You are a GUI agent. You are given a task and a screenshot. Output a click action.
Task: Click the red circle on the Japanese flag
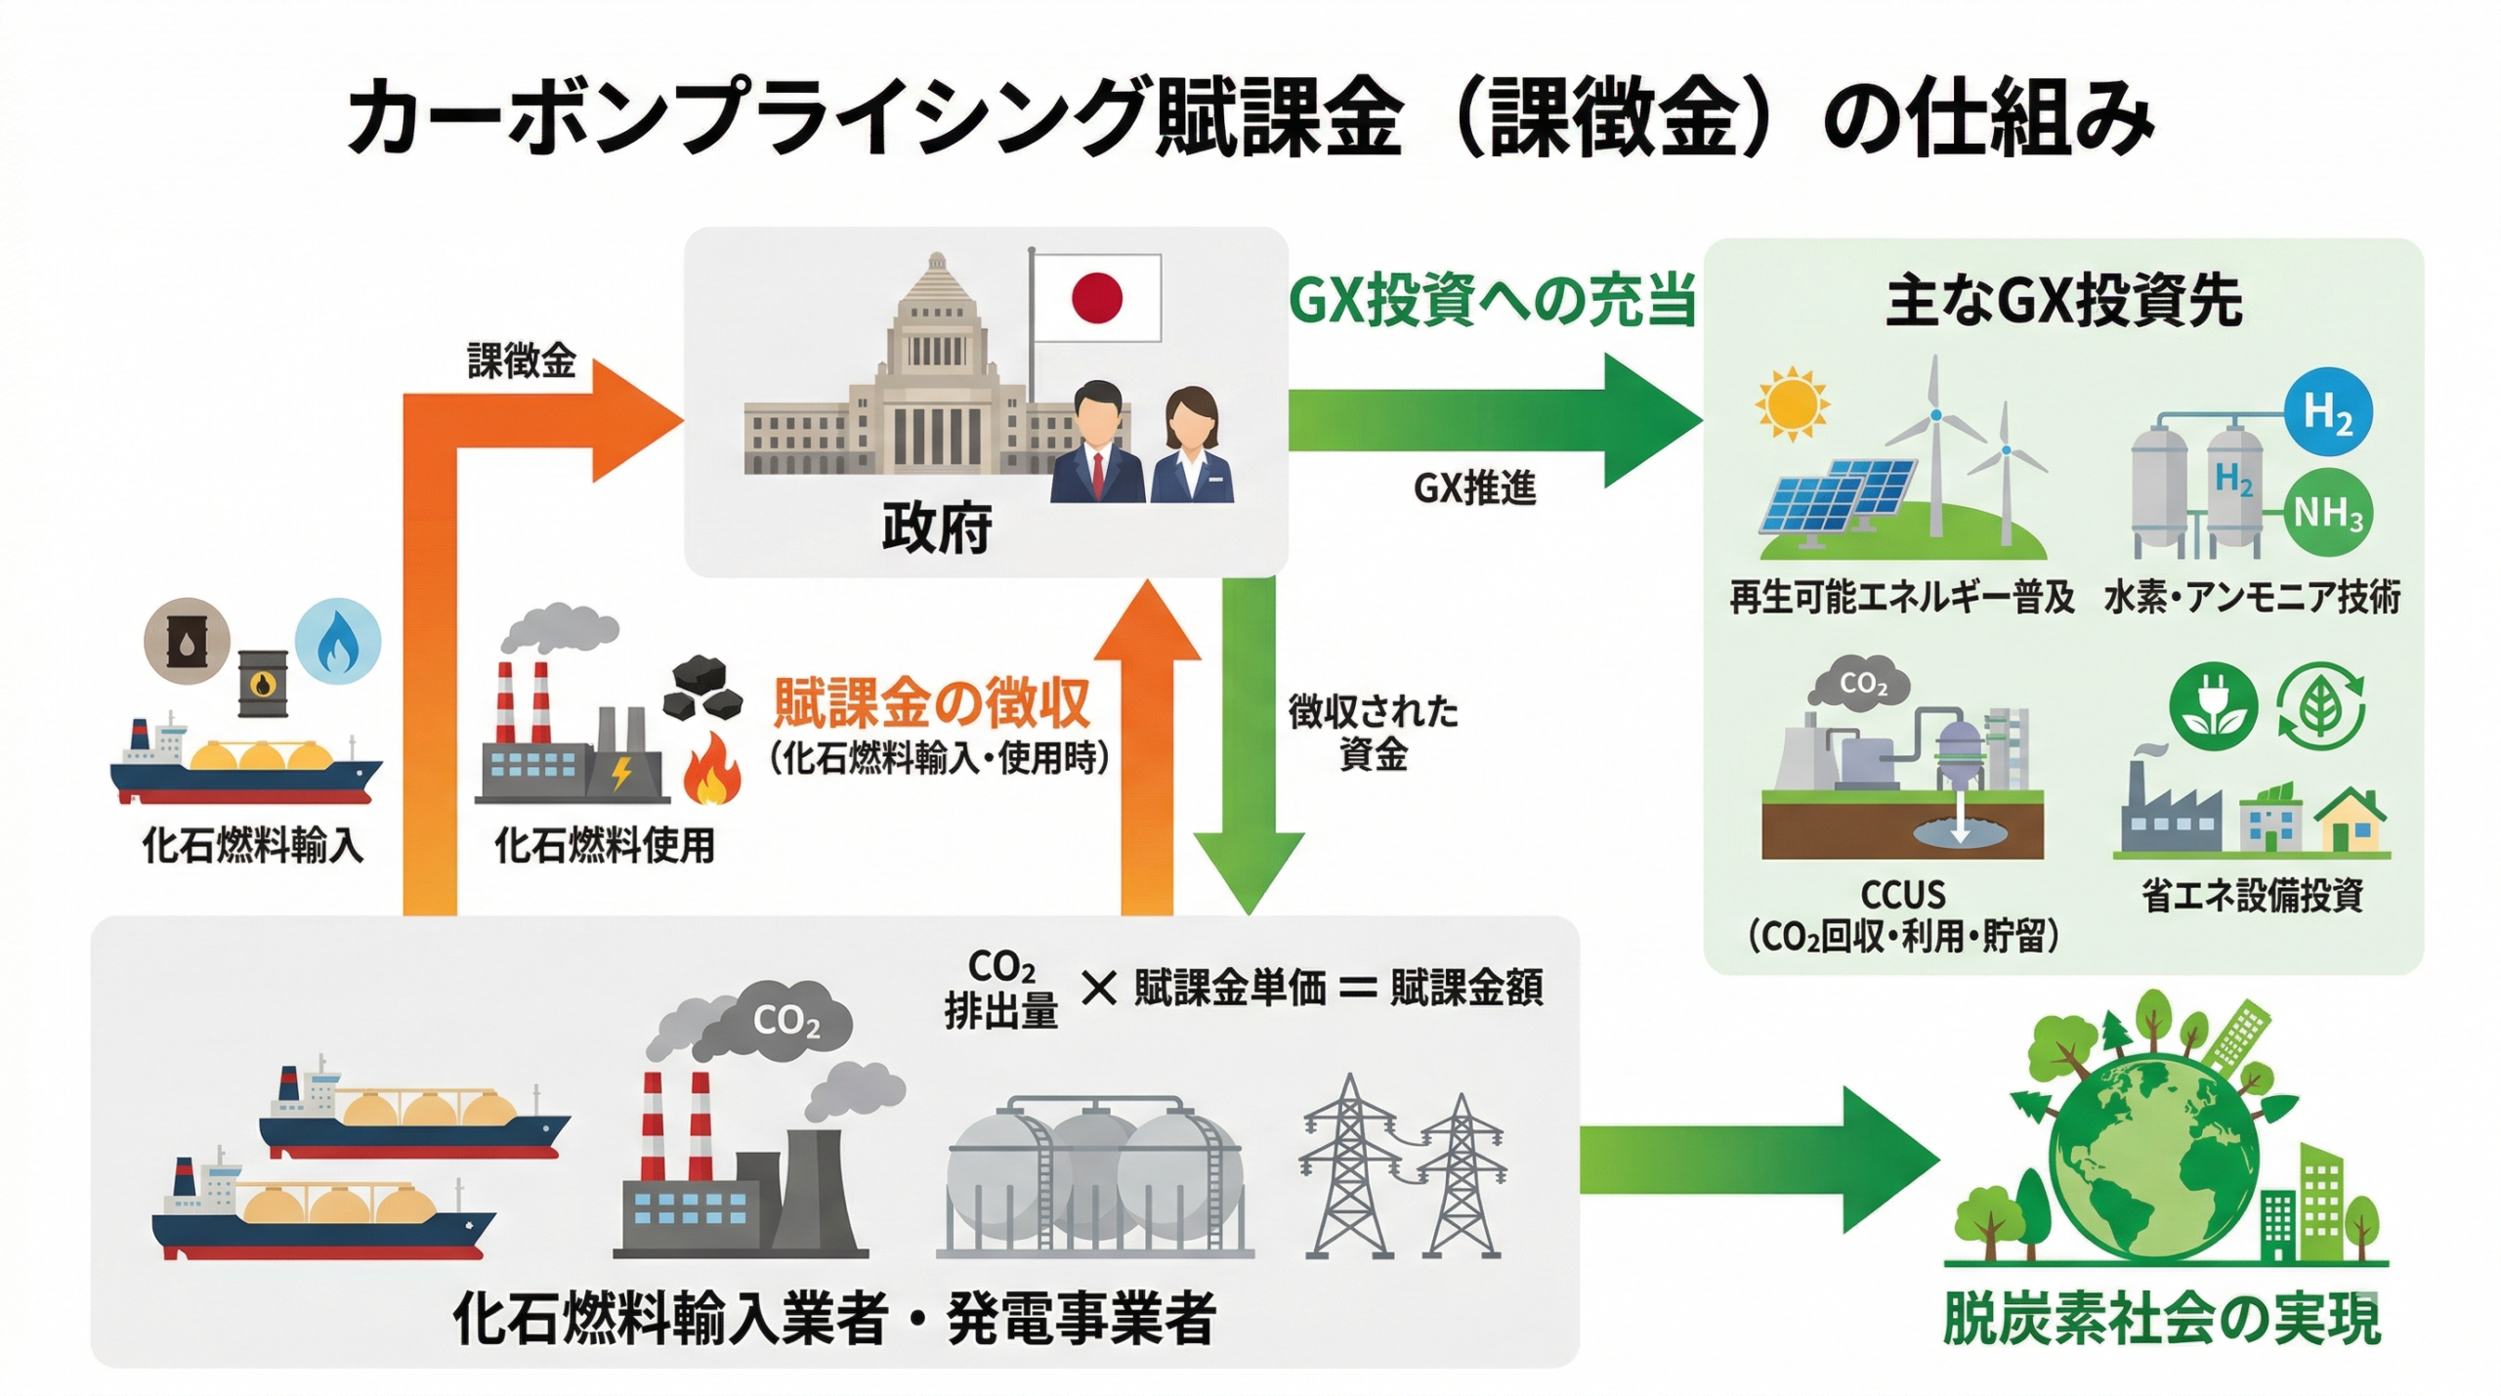click(1096, 297)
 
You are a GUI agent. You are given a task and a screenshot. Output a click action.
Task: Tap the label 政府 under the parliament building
click(936, 529)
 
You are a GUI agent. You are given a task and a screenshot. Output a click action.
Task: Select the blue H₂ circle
click(2328, 412)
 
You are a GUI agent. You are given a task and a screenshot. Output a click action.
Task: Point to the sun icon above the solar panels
click(1791, 403)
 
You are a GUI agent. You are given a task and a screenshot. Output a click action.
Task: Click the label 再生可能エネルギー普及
click(1901, 597)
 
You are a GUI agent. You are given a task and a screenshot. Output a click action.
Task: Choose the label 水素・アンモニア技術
click(2252, 597)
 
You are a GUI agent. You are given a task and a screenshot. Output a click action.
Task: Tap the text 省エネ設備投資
click(2252, 895)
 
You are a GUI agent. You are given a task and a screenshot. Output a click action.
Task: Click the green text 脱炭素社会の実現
click(2161, 1319)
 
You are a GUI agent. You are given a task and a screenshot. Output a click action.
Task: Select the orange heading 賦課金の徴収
click(931, 702)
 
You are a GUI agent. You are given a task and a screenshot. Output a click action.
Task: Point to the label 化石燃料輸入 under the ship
click(252, 845)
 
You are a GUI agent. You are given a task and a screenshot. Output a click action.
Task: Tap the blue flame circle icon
click(337, 641)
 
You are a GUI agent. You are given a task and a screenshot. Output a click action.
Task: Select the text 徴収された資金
click(1373, 733)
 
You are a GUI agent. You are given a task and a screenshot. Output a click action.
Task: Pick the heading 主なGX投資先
click(2063, 302)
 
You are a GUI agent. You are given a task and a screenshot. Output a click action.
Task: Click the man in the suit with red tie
click(1097, 444)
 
